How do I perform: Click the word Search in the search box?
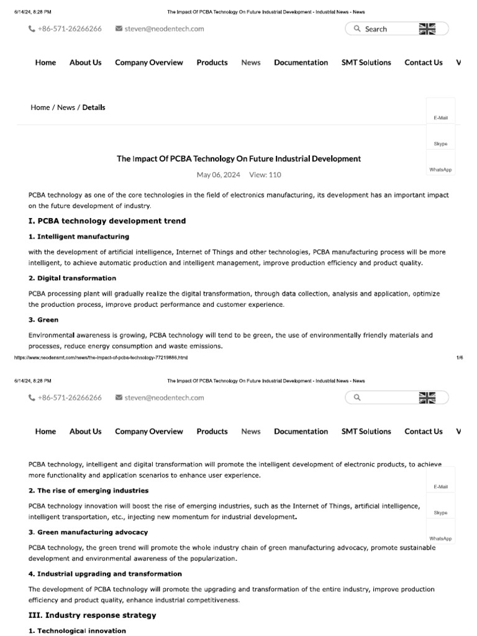(x=376, y=29)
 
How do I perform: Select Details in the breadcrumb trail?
(x=94, y=107)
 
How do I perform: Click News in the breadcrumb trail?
(x=66, y=107)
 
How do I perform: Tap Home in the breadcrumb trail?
(x=40, y=107)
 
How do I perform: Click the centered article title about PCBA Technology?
(x=238, y=159)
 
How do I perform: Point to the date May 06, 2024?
(x=219, y=175)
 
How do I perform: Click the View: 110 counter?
(x=265, y=175)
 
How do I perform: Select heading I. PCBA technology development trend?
(x=107, y=221)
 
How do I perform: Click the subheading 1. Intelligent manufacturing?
(x=79, y=237)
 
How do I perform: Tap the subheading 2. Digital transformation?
(x=72, y=278)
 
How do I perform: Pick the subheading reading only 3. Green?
(x=43, y=320)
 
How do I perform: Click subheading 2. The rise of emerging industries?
(x=88, y=491)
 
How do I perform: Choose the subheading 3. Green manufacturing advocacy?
(x=88, y=532)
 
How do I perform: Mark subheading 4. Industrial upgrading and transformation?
(x=105, y=574)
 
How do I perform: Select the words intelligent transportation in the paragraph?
(x=63, y=517)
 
